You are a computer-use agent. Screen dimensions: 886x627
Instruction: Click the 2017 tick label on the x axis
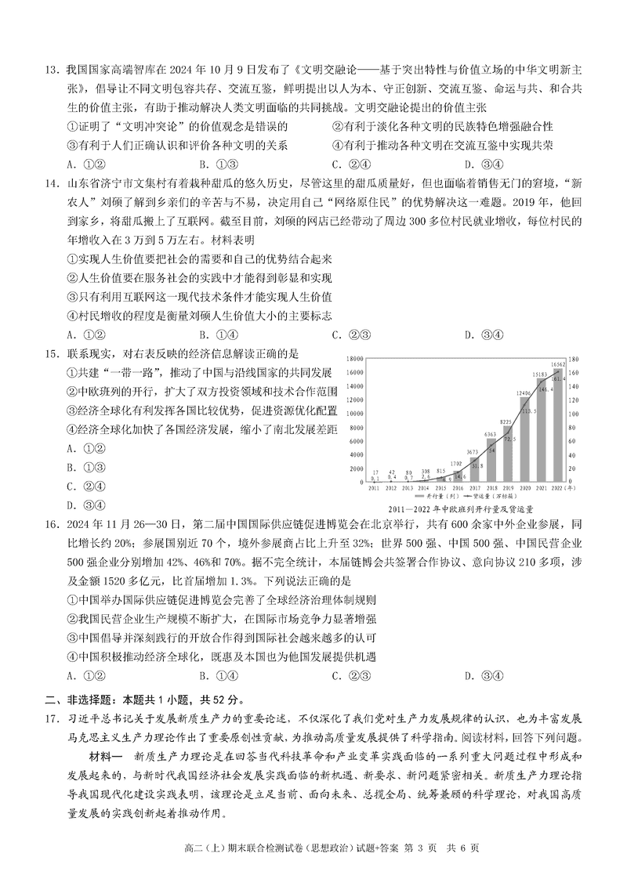click(x=473, y=488)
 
